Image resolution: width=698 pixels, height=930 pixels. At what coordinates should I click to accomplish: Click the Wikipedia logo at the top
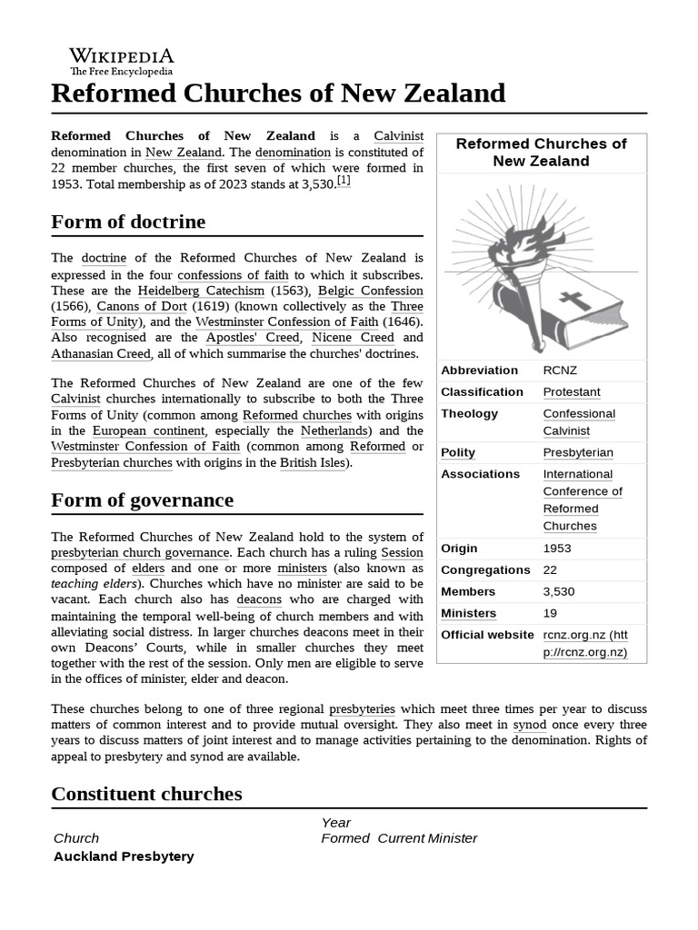click(122, 61)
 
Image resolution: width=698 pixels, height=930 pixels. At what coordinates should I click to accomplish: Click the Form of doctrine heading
click(128, 223)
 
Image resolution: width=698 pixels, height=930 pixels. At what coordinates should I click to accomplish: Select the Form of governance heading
click(142, 500)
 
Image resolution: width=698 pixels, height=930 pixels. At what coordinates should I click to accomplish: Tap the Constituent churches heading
click(146, 794)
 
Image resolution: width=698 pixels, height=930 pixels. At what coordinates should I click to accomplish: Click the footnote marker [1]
click(344, 182)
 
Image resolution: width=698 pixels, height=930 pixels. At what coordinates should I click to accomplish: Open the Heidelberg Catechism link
click(201, 291)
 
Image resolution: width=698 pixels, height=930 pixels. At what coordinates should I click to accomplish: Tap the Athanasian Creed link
click(100, 353)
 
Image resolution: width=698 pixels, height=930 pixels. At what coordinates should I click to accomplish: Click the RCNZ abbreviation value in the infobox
click(560, 371)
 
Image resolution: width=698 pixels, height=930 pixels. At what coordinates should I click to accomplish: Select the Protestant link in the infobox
click(572, 392)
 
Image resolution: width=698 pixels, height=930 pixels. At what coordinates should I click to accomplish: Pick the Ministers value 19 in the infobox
click(550, 614)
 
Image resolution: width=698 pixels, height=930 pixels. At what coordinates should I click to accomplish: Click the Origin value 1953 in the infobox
click(557, 549)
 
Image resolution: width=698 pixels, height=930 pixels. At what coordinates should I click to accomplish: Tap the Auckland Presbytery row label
click(124, 856)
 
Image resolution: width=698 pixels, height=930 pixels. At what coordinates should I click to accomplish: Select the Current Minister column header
click(426, 838)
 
